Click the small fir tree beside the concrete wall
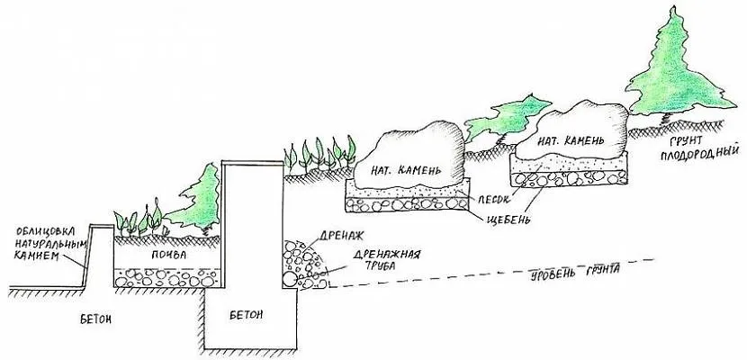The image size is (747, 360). click(x=199, y=200)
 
